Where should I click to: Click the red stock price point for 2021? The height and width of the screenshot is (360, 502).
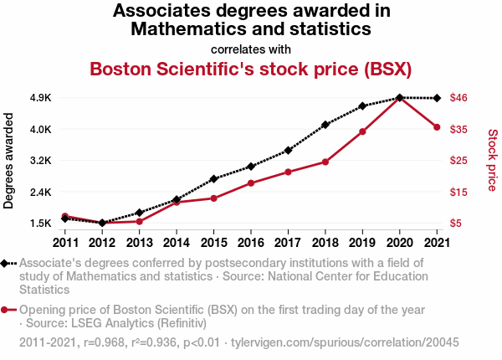(437, 127)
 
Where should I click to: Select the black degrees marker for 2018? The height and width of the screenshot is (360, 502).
(325, 124)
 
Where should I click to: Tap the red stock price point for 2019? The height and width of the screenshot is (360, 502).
(362, 131)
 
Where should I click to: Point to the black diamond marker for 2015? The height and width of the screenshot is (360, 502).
(213, 179)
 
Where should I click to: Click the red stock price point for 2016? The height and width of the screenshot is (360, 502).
(251, 183)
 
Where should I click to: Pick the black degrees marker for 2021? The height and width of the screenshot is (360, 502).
(437, 99)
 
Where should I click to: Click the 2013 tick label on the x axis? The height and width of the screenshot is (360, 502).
(139, 243)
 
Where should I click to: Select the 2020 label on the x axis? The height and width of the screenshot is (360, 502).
(400, 243)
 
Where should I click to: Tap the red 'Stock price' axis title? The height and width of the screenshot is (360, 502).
(492, 159)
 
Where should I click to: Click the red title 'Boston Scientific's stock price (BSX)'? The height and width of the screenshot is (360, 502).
(251, 69)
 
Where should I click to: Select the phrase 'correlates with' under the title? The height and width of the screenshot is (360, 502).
(251, 49)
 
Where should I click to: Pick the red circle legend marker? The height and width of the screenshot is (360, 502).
(6, 310)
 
